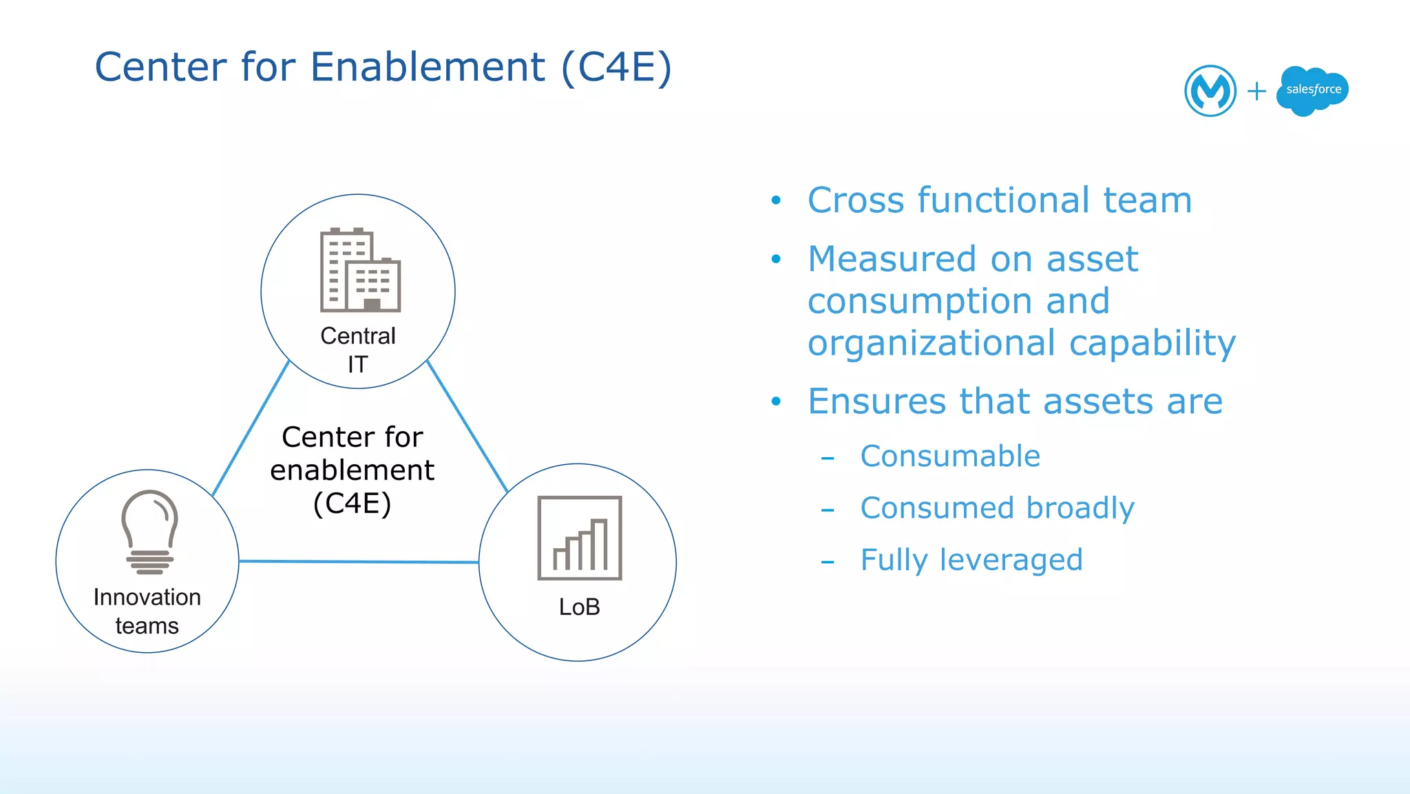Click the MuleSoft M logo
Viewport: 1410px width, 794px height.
click(x=1210, y=90)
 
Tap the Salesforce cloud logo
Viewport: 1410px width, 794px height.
click(x=1312, y=90)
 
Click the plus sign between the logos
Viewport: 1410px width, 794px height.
click(x=1256, y=91)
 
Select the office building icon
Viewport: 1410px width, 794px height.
click(x=360, y=270)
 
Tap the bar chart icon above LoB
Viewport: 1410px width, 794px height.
click(x=580, y=538)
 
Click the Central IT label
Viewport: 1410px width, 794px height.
click(x=358, y=349)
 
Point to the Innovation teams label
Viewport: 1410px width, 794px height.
click(x=147, y=611)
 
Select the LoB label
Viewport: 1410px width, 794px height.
click(x=579, y=607)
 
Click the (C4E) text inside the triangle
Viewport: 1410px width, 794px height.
click(x=352, y=503)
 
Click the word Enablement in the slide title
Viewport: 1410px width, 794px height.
click(x=428, y=67)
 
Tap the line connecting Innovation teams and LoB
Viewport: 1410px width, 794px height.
click(x=358, y=562)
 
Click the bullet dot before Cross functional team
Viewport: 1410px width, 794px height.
click(x=776, y=200)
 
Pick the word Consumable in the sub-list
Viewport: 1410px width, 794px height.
click(x=950, y=456)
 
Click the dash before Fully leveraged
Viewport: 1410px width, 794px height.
click(x=828, y=563)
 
